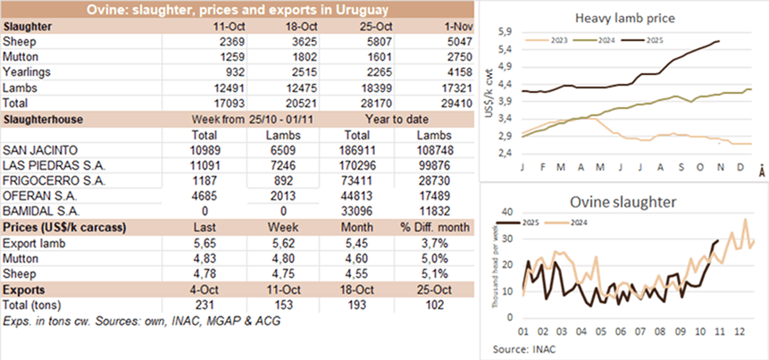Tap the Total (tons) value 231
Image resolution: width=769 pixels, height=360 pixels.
pos(219,305)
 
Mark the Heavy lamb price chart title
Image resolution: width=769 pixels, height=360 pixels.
pos(624,19)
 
